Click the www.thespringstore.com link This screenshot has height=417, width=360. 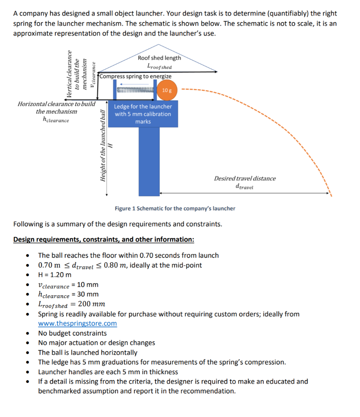pos(77,323)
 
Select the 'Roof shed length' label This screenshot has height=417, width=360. pos(159,58)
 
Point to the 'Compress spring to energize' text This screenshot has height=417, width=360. pos(135,76)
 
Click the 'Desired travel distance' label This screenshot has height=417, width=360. pos(245,178)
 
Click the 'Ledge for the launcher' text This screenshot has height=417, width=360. pos(143,106)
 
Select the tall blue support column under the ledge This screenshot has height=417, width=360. pos(149,167)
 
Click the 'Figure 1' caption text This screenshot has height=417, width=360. pos(175,208)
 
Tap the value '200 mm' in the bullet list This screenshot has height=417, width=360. pos(92,304)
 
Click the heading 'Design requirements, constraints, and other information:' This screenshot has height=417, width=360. pos(104,239)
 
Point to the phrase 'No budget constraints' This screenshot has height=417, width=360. pos(72,333)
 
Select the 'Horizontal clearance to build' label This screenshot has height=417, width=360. pos(57,104)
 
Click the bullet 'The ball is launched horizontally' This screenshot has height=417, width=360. pos(87,353)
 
